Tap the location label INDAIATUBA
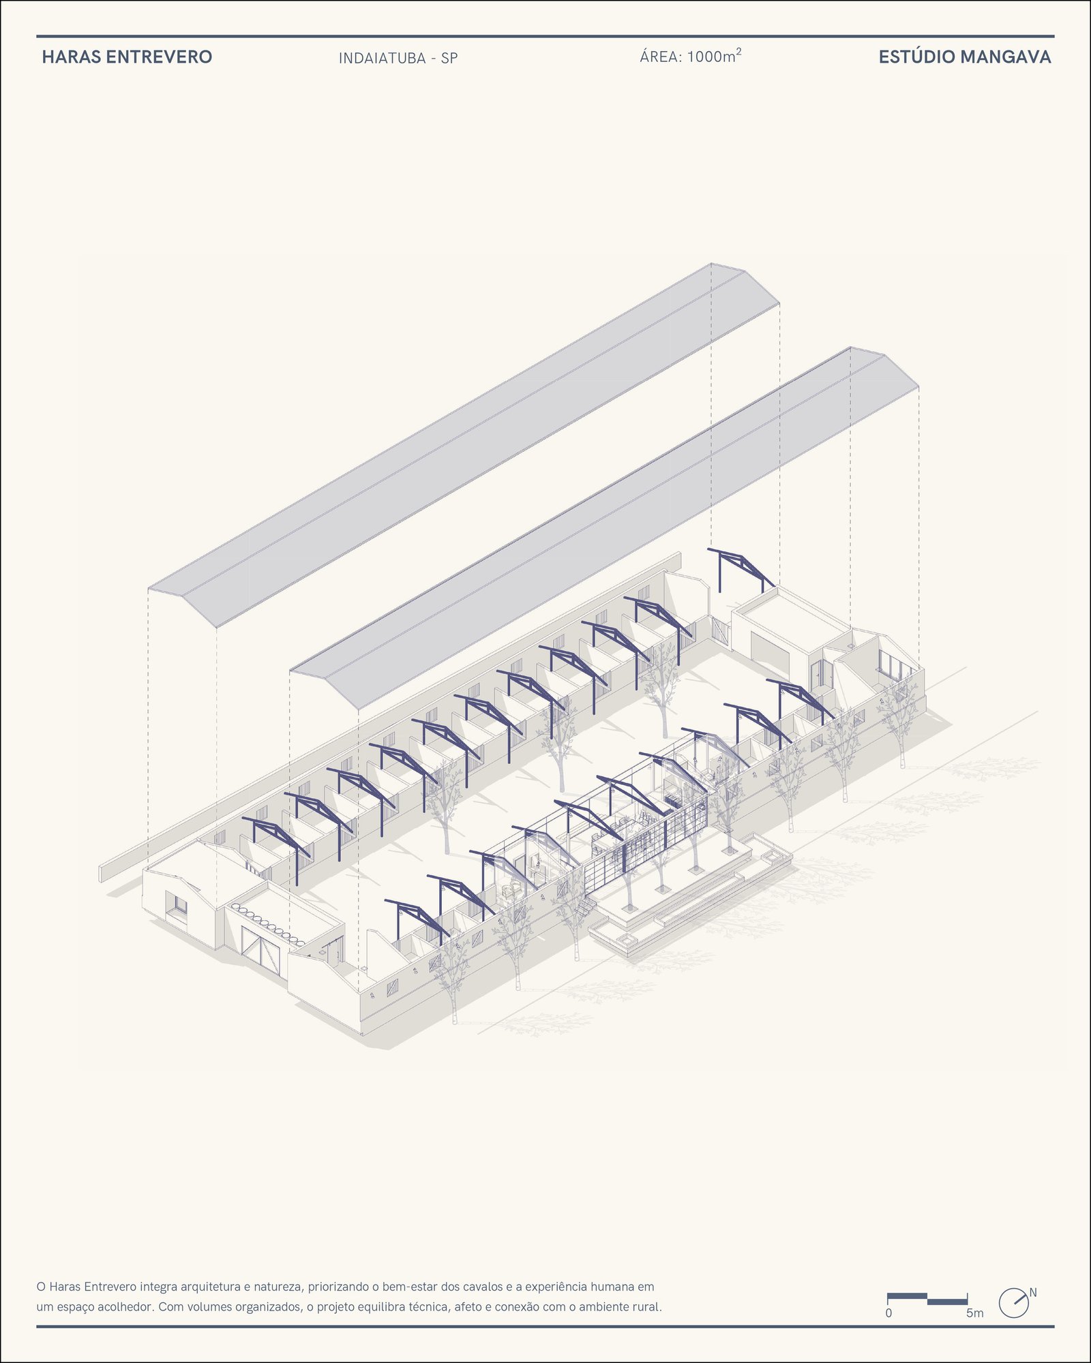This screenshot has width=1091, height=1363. point(382,58)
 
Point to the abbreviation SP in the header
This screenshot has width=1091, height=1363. point(449,58)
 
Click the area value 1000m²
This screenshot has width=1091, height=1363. point(714,56)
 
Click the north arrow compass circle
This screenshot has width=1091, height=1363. point(1013,1303)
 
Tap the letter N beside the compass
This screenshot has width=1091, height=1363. point(1033,1293)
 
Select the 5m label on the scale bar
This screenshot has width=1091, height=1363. point(974,1313)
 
